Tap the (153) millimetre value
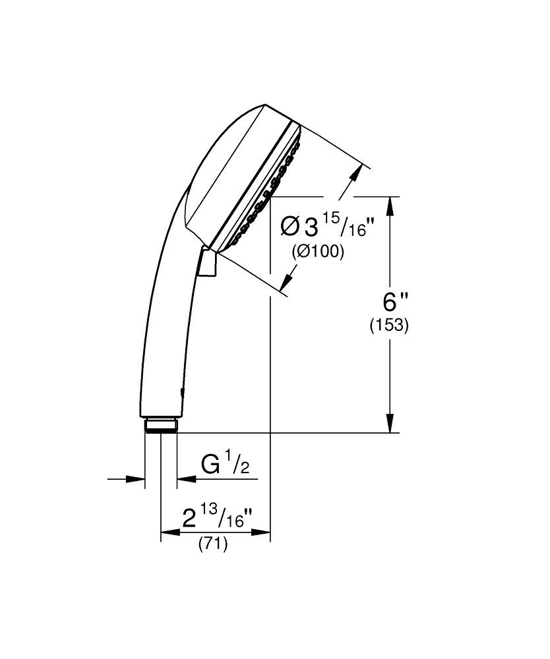pyautogui.click(x=389, y=326)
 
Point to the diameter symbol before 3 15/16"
pyautogui.click(x=290, y=227)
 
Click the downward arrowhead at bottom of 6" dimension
pyautogui.click(x=390, y=423)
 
